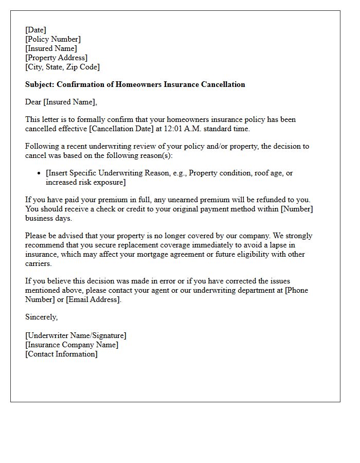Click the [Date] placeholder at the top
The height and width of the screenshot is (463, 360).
coord(35,30)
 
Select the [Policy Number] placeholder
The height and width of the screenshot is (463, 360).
coord(53,39)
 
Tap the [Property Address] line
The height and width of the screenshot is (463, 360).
coord(57,58)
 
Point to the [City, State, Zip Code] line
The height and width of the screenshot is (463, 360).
coord(63,67)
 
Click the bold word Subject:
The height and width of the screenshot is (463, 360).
coord(40,84)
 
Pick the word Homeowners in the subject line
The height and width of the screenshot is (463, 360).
coord(140,84)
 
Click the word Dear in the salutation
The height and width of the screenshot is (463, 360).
coord(33,102)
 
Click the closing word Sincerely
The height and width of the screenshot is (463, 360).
coord(41,317)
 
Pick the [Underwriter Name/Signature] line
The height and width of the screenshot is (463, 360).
coord(76,335)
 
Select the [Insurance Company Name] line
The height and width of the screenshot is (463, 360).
coord(71,345)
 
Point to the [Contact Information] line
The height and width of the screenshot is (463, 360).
coord(61,354)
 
